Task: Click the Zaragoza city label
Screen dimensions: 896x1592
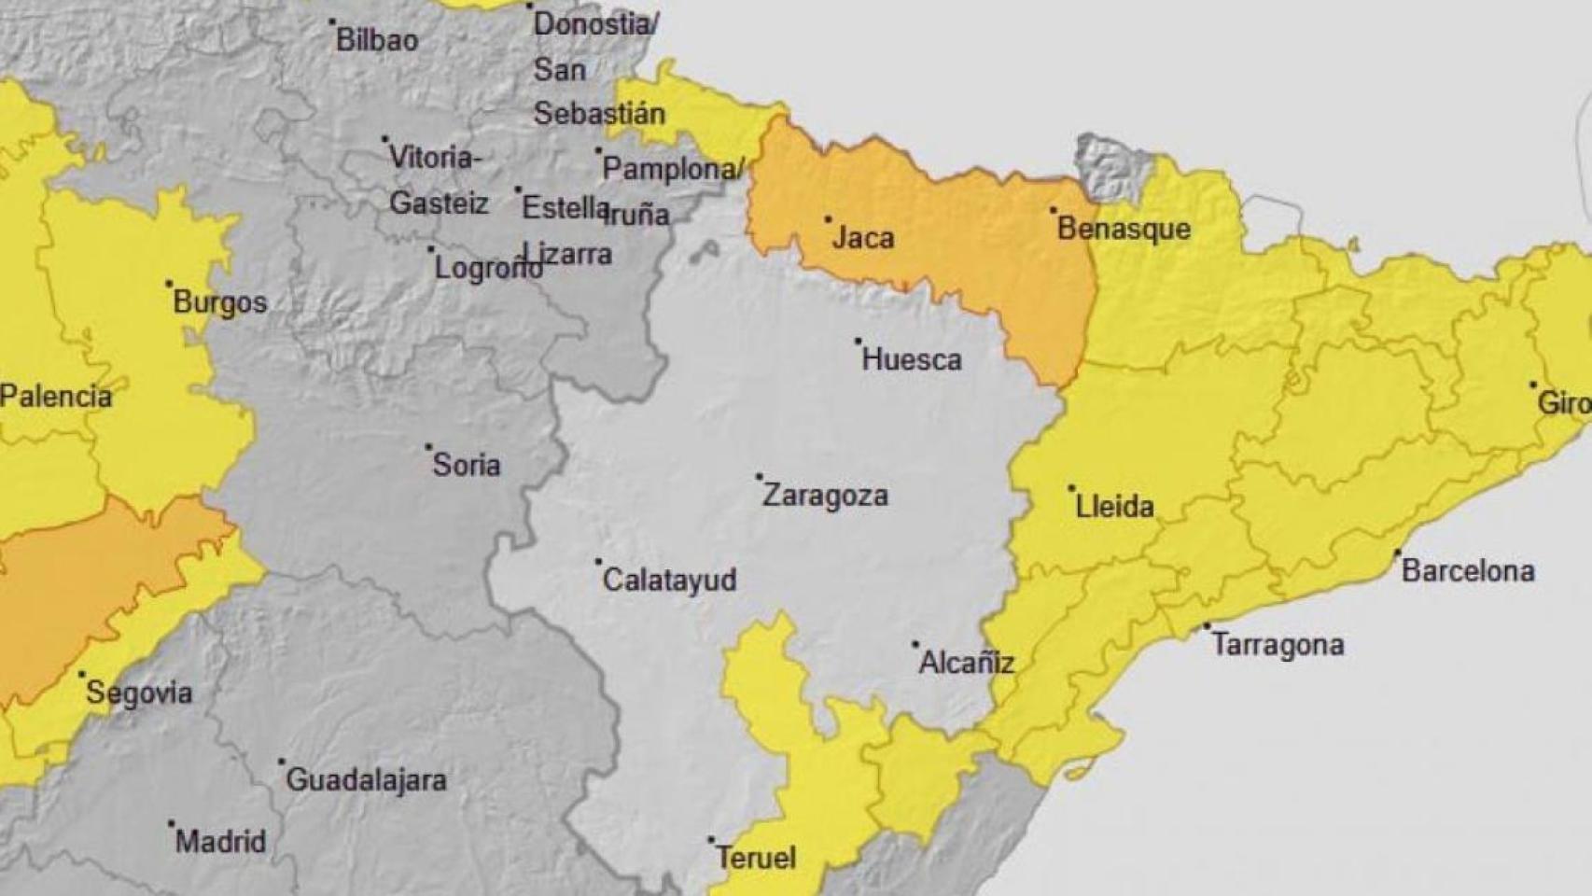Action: (x=825, y=495)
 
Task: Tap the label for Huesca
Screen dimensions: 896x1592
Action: (x=911, y=359)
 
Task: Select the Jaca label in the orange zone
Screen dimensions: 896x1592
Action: (x=863, y=237)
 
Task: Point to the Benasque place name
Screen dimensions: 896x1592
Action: (x=1124, y=229)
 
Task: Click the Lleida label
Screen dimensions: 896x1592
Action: (x=1114, y=506)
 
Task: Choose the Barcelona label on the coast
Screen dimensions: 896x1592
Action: (x=1468, y=570)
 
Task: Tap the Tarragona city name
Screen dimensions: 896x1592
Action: (x=1278, y=645)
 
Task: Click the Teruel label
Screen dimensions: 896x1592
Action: (x=756, y=858)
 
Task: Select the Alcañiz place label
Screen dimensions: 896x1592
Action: (x=966, y=663)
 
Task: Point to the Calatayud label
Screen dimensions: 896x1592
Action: (x=669, y=580)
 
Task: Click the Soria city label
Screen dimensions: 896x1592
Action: (x=466, y=465)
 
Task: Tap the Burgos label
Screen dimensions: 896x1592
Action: (x=220, y=302)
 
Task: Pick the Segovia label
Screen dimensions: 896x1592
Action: (x=139, y=693)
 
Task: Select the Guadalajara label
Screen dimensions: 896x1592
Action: (x=366, y=779)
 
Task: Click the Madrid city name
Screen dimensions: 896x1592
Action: (x=220, y=841)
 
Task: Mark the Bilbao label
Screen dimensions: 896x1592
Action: (x=377, y=40)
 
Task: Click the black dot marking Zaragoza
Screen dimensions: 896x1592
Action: (x=759, y=477)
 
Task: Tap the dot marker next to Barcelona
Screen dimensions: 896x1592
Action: (x=1398, y=553)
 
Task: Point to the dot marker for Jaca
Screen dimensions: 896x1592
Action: (x=828, y=220)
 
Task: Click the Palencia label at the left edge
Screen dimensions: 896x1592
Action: (x=56, y=396)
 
